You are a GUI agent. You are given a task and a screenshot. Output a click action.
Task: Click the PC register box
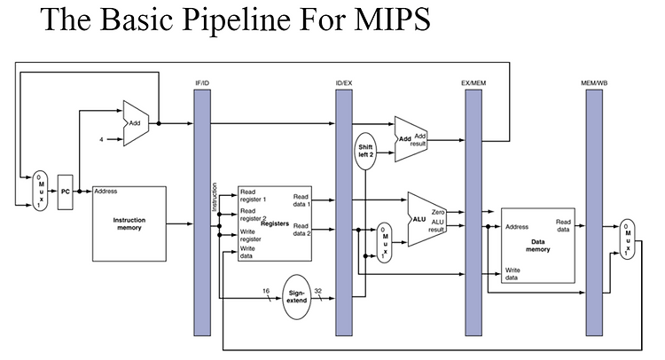pos(65,192)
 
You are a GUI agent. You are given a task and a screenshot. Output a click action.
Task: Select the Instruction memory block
pos(129,223)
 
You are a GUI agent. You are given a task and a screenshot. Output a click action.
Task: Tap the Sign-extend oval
pos(296,297)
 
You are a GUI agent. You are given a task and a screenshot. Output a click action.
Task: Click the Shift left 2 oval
pos(365,151)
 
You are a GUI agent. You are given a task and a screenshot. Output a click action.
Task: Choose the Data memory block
pos(538,246)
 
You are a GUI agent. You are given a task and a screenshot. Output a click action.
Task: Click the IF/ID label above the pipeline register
pos(202,83)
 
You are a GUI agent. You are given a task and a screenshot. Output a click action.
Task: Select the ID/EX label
pos(344,83)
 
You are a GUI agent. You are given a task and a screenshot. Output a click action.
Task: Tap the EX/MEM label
pos(473,83)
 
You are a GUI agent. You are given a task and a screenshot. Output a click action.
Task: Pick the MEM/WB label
pos(594,83)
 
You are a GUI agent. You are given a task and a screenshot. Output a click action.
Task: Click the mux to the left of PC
pos(40,191)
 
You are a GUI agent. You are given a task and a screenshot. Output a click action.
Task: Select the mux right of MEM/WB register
pos(627,239)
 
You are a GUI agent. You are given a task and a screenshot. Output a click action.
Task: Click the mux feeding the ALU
pos(384,243)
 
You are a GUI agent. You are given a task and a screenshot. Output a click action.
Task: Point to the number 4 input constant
pos(101,139)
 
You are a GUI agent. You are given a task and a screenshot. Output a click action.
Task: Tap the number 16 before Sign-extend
pos(266,291)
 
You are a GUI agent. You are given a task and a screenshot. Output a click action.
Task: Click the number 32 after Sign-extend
pos(318,291)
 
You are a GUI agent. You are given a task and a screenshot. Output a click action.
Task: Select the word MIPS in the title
pos(392,20)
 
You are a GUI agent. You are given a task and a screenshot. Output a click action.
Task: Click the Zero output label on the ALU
pos(438,212)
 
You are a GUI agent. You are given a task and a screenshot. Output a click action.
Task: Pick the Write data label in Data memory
pos(512,274)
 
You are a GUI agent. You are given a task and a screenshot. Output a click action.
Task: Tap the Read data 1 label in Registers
pos(301,200)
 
